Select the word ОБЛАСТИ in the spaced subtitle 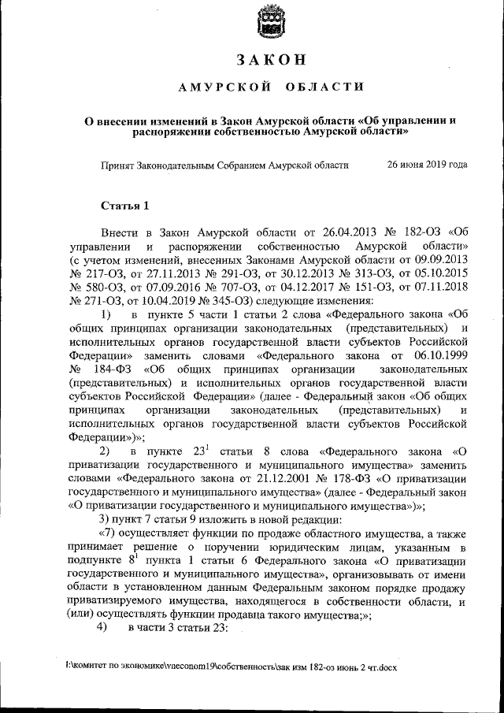(x=325, y=87)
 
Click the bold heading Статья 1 (x=124, y=206)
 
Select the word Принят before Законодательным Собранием (x=118, y=167)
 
